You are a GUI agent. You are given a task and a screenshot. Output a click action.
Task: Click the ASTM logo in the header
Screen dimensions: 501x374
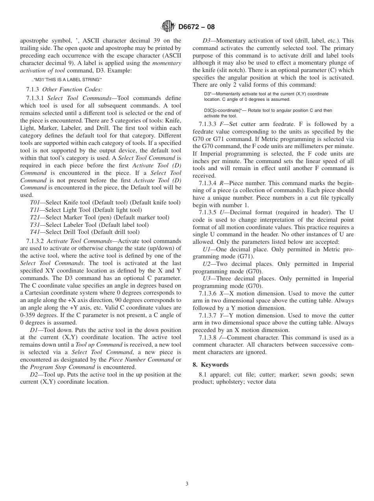tap(168, 27)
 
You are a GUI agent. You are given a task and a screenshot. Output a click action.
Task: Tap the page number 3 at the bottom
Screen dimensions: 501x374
tap(187, 484)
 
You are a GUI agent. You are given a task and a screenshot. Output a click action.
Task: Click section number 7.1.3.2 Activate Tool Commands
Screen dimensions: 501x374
tap(35, 241)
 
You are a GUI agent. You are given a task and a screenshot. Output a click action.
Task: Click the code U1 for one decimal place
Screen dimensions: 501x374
tap(207, 250)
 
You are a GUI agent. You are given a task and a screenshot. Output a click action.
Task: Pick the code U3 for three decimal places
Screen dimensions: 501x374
tap(207, 279)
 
